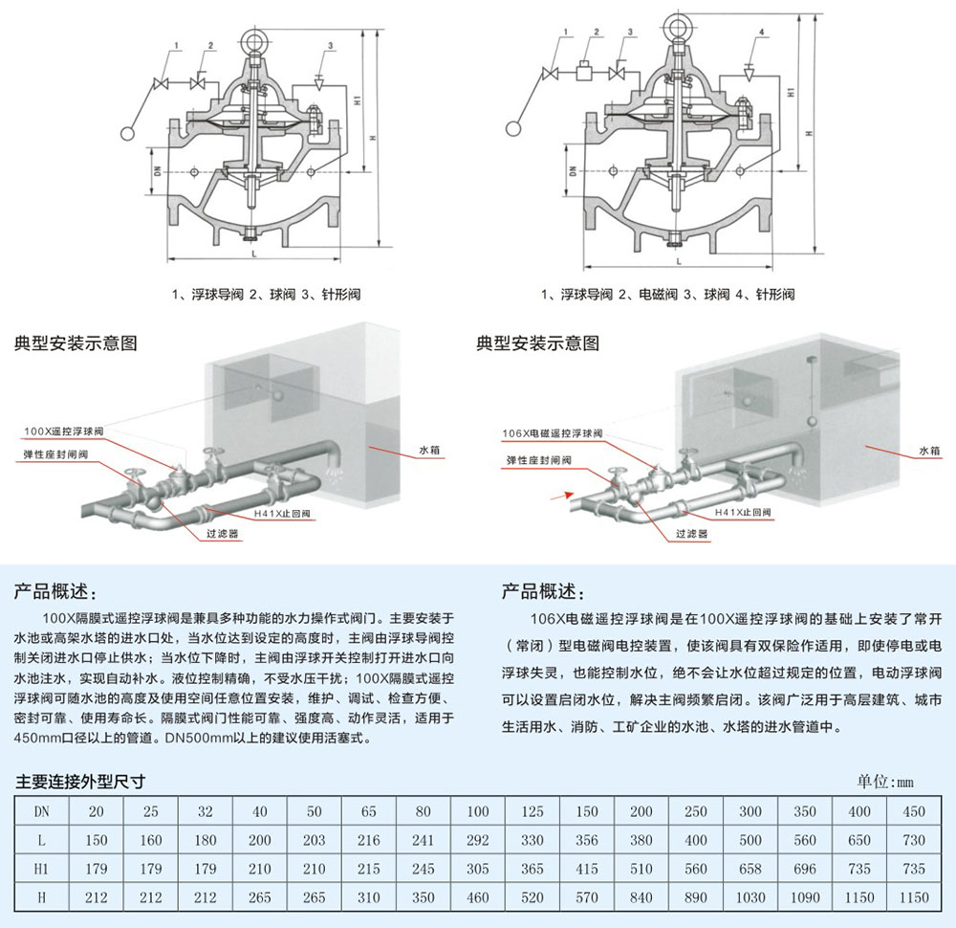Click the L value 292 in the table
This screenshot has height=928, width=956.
477,840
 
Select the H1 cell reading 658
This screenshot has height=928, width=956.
750,869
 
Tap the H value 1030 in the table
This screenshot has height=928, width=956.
750,897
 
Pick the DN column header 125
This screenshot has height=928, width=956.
532,811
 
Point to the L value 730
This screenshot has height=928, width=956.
914,840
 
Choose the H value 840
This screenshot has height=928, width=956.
641,897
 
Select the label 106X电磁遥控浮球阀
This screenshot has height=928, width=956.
552,433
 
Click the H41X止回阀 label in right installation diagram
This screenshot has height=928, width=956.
743,513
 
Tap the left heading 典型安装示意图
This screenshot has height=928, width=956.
76,342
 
